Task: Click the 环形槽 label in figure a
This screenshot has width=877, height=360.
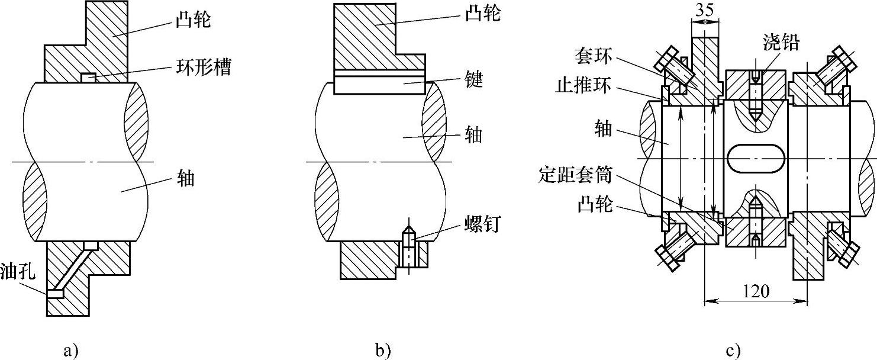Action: pyautogui.click(x=201, y=66)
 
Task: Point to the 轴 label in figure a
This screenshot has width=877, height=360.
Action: pyautogui.click(x=186, y=178)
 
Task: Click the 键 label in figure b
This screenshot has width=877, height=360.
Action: pyautogui.click(x=475, y=81)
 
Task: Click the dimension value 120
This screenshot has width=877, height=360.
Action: pyautogui.click(x=756, y=291)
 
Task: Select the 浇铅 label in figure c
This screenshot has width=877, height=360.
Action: pyautogui.click(x=785, y=43)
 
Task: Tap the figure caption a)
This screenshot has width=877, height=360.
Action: pyautogui.click(x=70, y=350)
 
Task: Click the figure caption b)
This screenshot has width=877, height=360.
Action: pyautogui.click(x=383, y=350)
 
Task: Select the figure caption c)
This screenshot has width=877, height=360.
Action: pyautogui.click(x=732, y=350)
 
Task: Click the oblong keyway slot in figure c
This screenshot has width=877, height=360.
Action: pyautogui.click(x=756, y=159)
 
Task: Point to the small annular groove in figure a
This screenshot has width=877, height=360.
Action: pyautogui.click(x=88, y=77)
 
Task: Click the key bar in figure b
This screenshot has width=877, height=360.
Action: pyautogui.click(x=379, y=83)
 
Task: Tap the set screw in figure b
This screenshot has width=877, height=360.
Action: pyautogui.click(x=409, y=247)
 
